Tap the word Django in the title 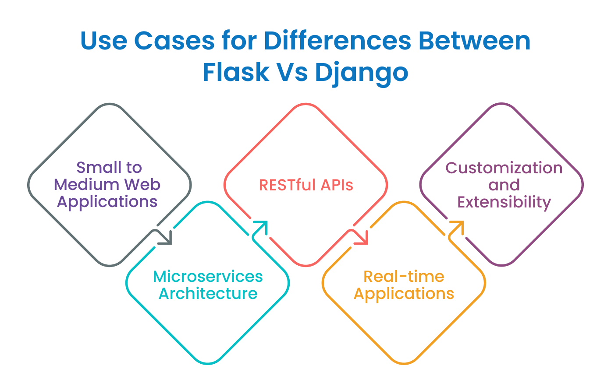[x=361, y=73]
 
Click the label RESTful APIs [x=306, y=185]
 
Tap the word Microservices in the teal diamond [x=208, y=277]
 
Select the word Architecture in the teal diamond [x=208, y=293]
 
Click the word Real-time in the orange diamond [x=404, y=277]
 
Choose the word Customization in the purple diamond [x=504, y=168]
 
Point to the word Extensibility [x=504, y=202]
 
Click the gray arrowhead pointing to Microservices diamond [x=167, y=239]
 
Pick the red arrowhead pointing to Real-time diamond [x=363, y=239]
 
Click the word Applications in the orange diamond [x=404, y=294]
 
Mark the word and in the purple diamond [x=504, y=185]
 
